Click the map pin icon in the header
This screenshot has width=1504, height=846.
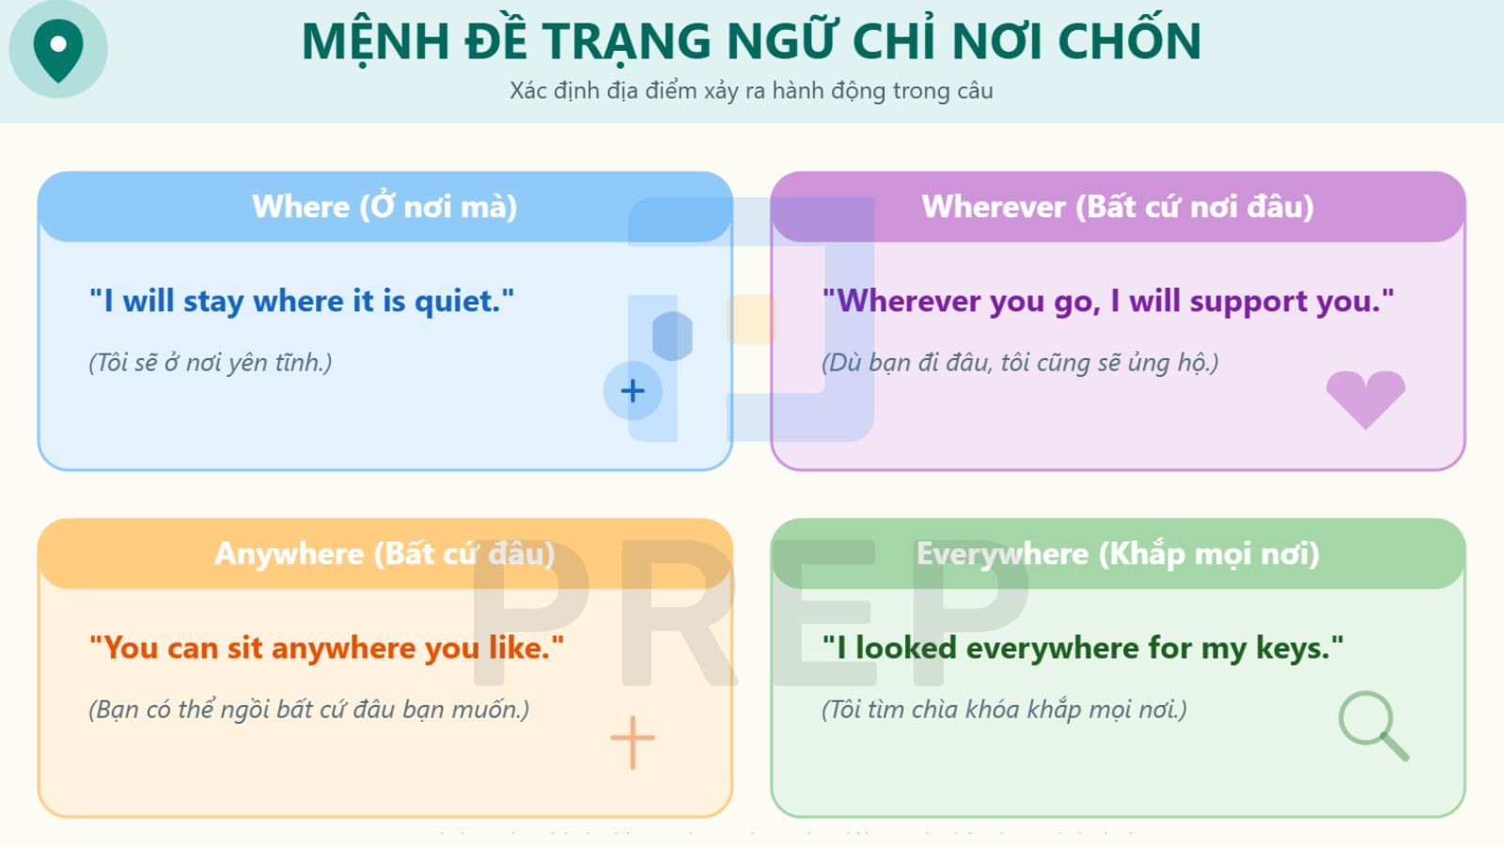58,47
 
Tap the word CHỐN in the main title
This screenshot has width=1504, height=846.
1129,42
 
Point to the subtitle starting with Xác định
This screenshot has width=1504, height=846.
751,91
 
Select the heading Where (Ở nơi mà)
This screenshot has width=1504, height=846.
384,207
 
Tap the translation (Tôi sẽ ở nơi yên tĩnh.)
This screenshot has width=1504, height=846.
211,363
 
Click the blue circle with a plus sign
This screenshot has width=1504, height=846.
633,391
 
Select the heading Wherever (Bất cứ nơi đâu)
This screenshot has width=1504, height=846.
1117,207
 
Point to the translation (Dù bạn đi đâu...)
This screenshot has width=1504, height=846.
1020,363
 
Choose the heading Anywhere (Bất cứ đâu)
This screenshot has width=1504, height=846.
384,554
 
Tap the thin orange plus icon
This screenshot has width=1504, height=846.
633,742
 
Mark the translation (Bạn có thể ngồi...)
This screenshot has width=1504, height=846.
308,710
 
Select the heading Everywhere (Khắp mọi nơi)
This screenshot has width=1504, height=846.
1117,554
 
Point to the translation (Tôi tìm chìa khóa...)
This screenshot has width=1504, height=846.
1004,710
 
